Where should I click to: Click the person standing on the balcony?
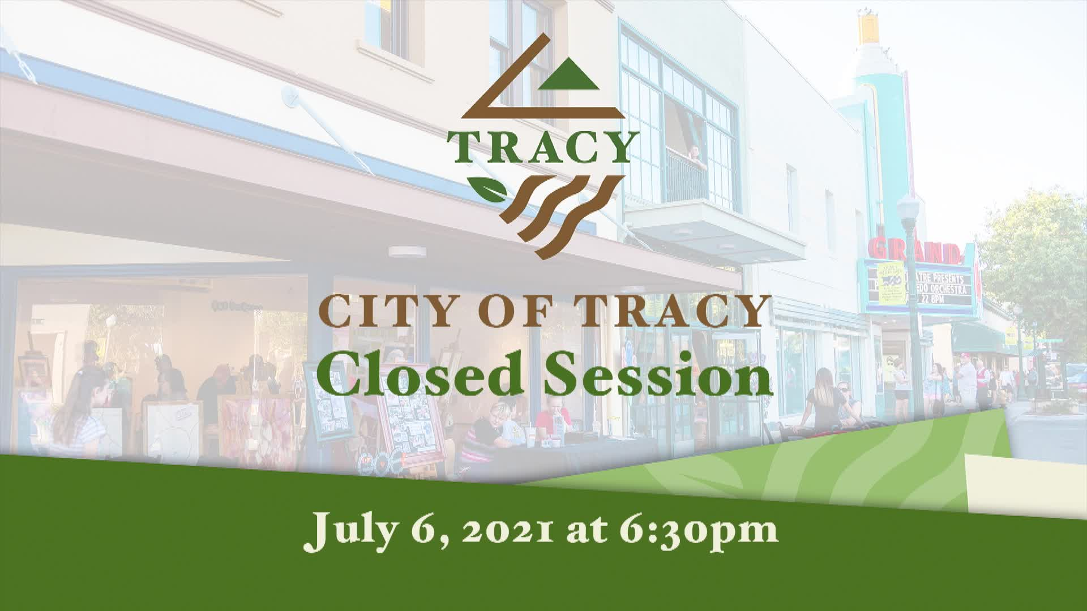pyautogui.click(x=694, y=156)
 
